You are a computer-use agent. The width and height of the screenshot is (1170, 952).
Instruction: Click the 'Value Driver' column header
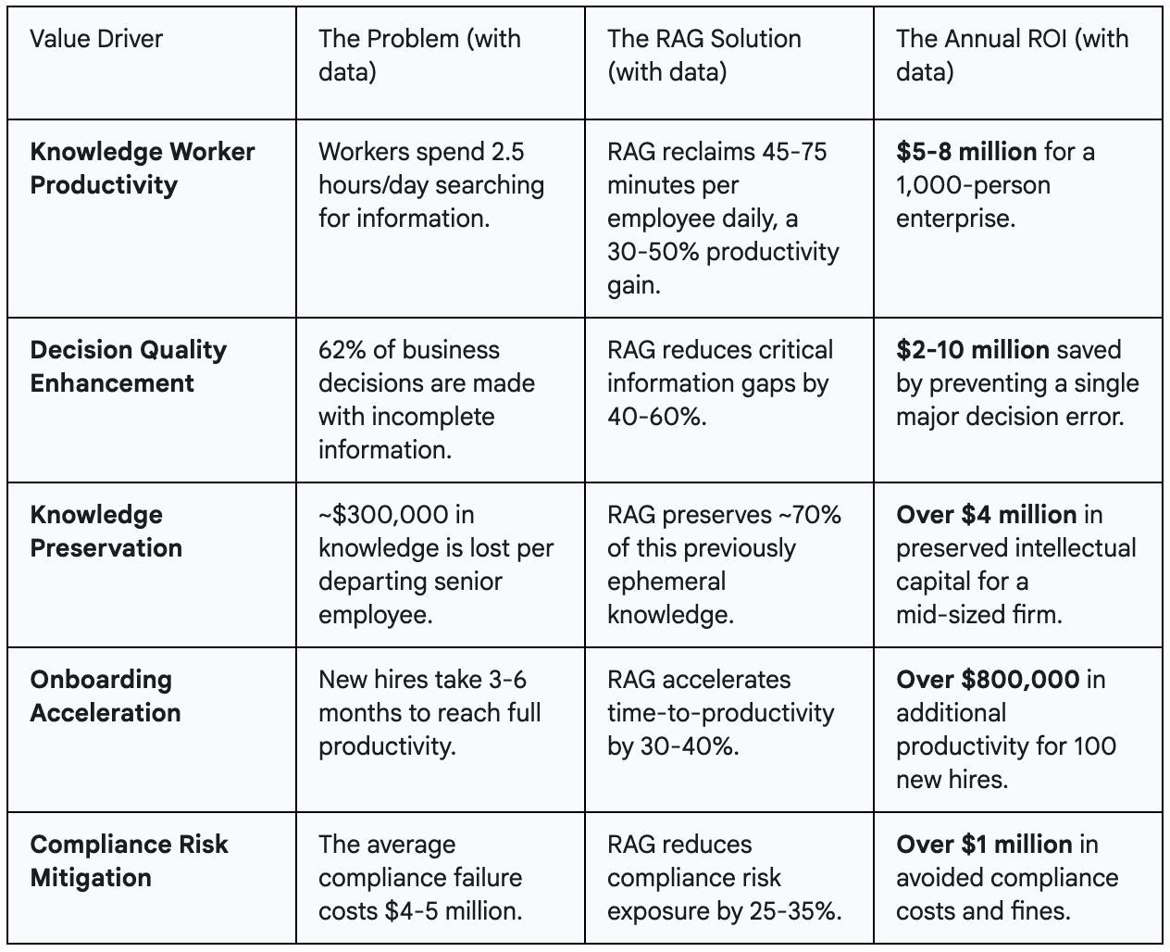(96, 39)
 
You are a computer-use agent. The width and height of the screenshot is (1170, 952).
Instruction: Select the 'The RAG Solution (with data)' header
(703, 56)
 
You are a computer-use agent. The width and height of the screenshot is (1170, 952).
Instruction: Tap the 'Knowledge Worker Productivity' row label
(142, 169)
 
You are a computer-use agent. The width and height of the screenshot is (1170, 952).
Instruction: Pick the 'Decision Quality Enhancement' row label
(128, 367)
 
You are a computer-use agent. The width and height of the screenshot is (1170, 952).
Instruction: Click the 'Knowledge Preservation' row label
(106, 532)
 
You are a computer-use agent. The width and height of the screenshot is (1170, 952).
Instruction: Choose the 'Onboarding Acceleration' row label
(105, 696)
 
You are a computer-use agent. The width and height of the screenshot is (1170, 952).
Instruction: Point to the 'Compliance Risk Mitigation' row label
(128, 861)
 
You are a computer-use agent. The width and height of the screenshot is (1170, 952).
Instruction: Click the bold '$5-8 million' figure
(965, 152)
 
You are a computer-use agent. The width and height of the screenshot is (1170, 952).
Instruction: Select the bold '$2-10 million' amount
(972, 350)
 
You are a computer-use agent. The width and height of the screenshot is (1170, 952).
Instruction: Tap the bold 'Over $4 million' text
(986, 515)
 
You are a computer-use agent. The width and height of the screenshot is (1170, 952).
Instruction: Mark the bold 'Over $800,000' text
(988, 680)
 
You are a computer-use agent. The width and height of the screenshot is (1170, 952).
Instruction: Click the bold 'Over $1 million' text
(984, 845)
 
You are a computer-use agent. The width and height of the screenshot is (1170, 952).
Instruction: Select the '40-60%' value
(657, 417)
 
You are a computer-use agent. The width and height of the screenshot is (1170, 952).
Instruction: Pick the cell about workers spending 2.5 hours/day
(430, 185)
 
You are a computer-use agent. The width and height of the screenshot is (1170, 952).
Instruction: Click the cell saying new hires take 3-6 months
(429, 713)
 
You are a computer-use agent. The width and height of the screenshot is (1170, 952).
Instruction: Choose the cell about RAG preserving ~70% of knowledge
(724, 565)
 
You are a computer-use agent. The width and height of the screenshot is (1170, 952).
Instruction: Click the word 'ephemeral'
(666, 582)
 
